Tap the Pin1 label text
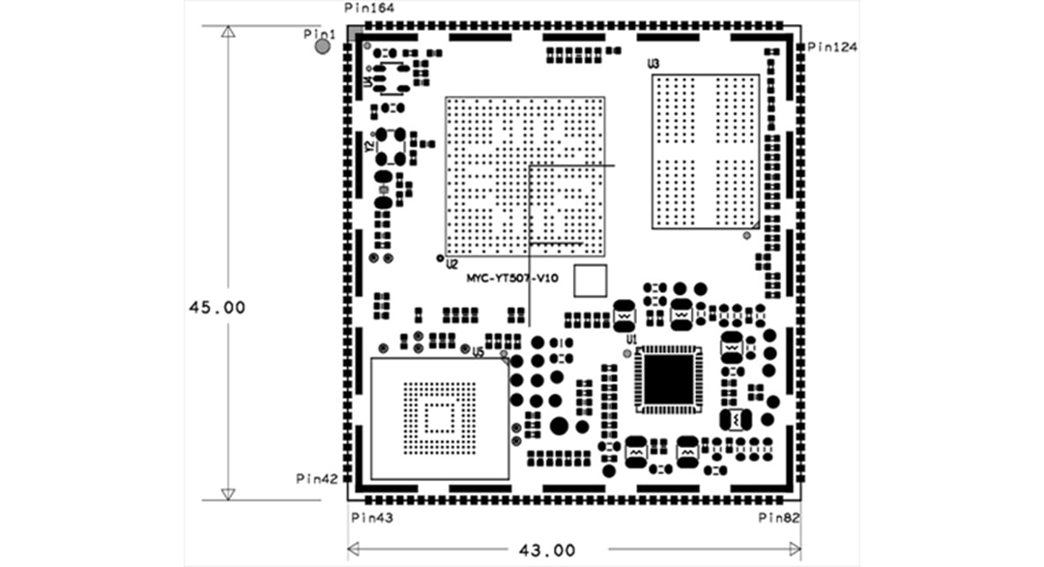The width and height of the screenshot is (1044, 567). pos(318,33)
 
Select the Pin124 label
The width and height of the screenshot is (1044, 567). pos(832,46)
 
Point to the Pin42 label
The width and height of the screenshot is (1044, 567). pos(316,478)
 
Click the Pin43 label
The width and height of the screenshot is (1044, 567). pos(369,519)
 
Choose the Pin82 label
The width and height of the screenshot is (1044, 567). pos(779,519)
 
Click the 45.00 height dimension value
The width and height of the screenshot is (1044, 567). pos(217,307)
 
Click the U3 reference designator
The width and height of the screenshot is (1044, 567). pos(653,64)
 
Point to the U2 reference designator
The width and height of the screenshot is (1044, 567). pos(451,264)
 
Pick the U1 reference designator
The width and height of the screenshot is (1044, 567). pos(630,341)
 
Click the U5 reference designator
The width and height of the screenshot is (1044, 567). pos(478,352)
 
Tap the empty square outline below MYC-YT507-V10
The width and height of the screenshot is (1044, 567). pos(591,281)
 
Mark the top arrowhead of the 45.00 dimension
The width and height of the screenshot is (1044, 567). pos(227,32)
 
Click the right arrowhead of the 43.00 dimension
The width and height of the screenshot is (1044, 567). pos(795,550)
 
